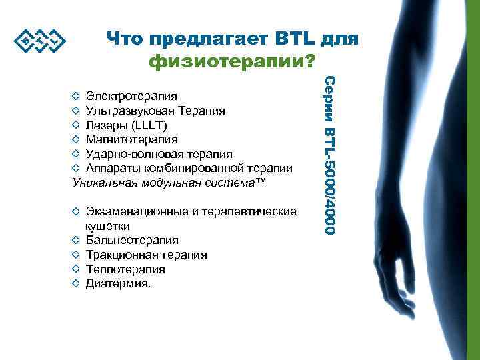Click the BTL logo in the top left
(39, 42)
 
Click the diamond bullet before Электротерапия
(76, 95)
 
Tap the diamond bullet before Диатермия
(76, 284)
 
